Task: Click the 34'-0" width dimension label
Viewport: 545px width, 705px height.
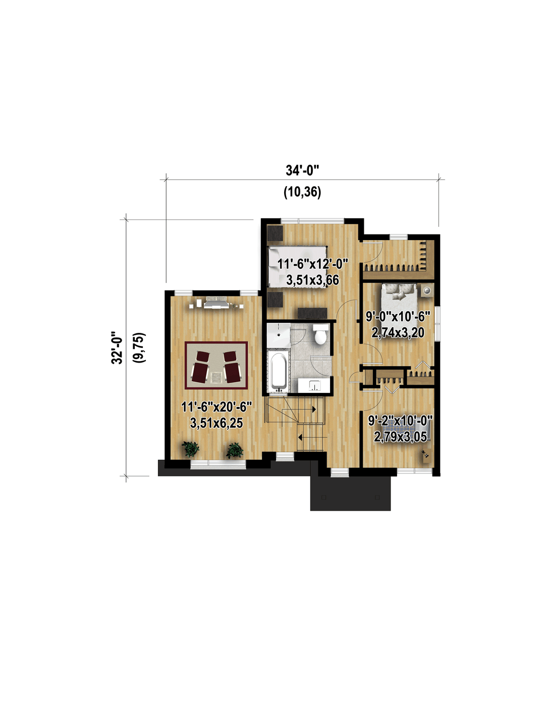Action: point(302,170)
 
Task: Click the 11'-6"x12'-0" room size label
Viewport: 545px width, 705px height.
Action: point(312,264)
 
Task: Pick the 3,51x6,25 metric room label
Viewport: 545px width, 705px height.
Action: point(216,423)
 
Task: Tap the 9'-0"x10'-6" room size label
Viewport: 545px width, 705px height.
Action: point(398,316)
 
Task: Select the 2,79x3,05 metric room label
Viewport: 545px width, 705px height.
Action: point(400,437)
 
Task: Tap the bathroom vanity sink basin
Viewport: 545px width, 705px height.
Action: point(314,385)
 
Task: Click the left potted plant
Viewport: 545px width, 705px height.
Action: point(190,449)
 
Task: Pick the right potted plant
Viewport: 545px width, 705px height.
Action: point(235,450)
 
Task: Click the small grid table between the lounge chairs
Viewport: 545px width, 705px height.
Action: point(216,377)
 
